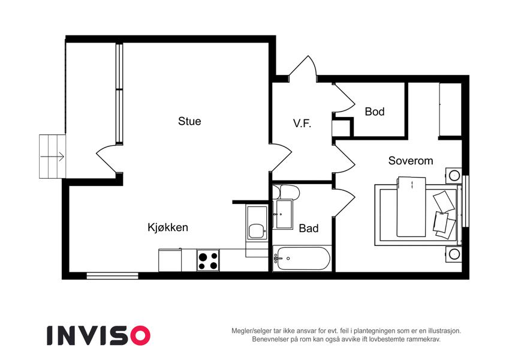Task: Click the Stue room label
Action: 189,121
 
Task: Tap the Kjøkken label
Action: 168,227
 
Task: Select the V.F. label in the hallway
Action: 302,124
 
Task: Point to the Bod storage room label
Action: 375,112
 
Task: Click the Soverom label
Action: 411,161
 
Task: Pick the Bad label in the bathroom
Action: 308,228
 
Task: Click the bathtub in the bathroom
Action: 302,259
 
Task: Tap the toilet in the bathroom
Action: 286,192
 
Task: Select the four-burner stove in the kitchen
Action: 208,260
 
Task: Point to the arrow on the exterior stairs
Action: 52,157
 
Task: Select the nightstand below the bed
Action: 453,254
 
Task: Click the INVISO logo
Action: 98,335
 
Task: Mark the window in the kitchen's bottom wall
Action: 112,276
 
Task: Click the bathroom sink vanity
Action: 282,214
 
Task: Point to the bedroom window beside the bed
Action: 465,201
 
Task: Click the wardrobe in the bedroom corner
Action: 450,109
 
